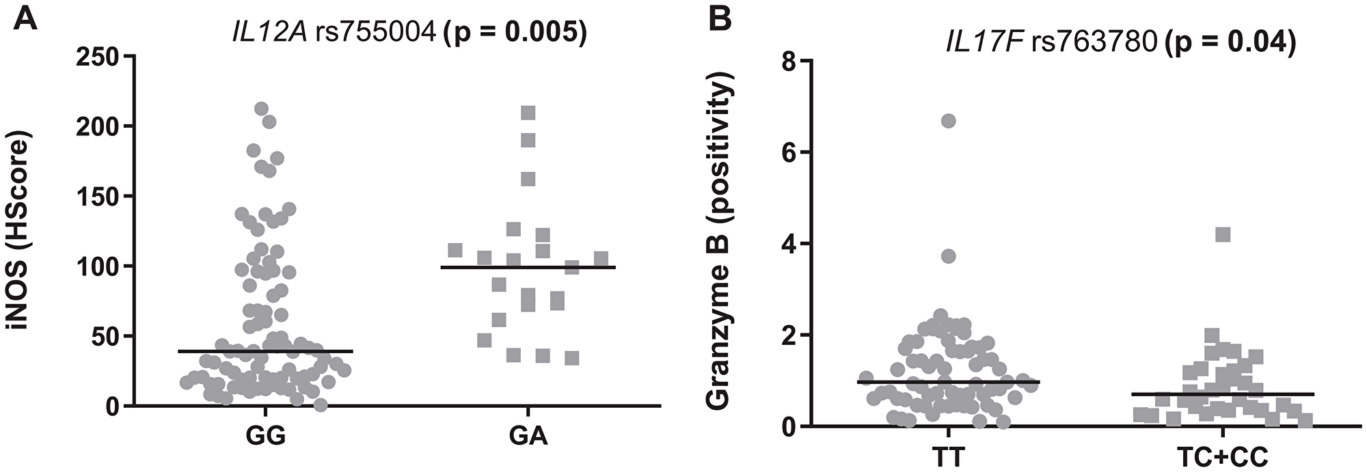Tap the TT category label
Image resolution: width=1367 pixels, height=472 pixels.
tap(949, 456)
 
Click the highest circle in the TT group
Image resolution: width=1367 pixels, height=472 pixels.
tap(948, 121)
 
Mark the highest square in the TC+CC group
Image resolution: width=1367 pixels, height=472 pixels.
tap(1223, 235)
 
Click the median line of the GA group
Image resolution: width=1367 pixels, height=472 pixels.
tap(528, 267)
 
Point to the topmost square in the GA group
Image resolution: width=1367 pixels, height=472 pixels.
tap(528, 113)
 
